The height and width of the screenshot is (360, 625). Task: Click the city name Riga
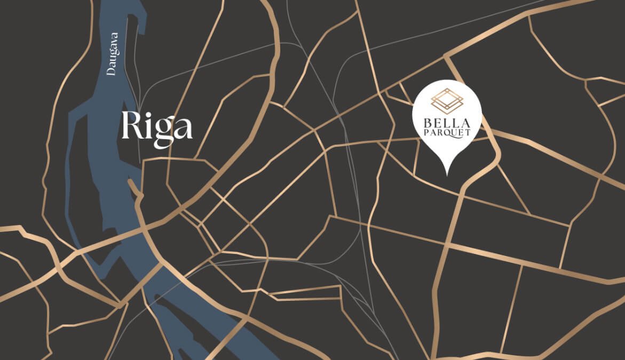[x=156, y=126]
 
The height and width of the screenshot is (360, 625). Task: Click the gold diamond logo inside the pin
[x=447, y=100]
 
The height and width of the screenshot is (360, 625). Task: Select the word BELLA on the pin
[x=447, y=122]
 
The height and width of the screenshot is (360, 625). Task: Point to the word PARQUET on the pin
[x=447, y=132]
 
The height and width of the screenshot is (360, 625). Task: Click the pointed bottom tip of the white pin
[x=447, y=174]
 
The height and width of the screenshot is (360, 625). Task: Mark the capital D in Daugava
[x=112, y=71]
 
